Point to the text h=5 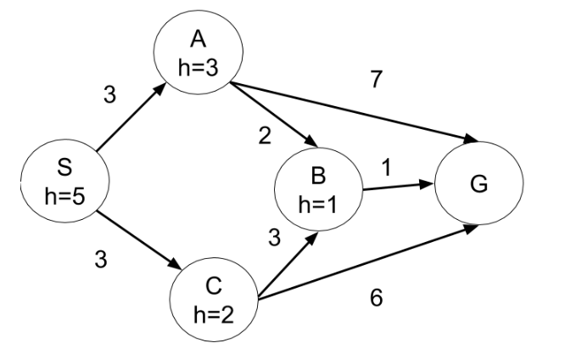pyautogui.click(x=61, y=196)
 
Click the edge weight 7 pyautogui.click(x=377, y=79)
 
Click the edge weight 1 pyautogui.click(x=386, y=168)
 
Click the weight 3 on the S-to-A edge pyautogui.click(x=109, y=95)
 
